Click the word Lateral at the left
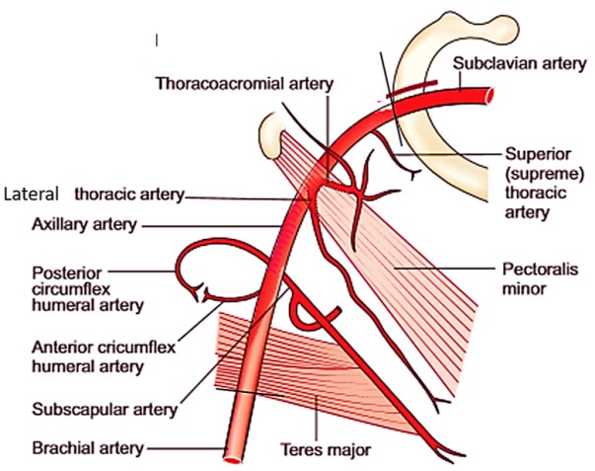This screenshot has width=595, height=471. tap(33, 192)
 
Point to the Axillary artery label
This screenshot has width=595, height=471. tap(76, 225)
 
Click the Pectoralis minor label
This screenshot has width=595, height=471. tap(535, 277)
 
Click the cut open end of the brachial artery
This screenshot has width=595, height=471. tap(235, 457)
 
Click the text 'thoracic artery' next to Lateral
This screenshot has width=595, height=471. tap(128, 195)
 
